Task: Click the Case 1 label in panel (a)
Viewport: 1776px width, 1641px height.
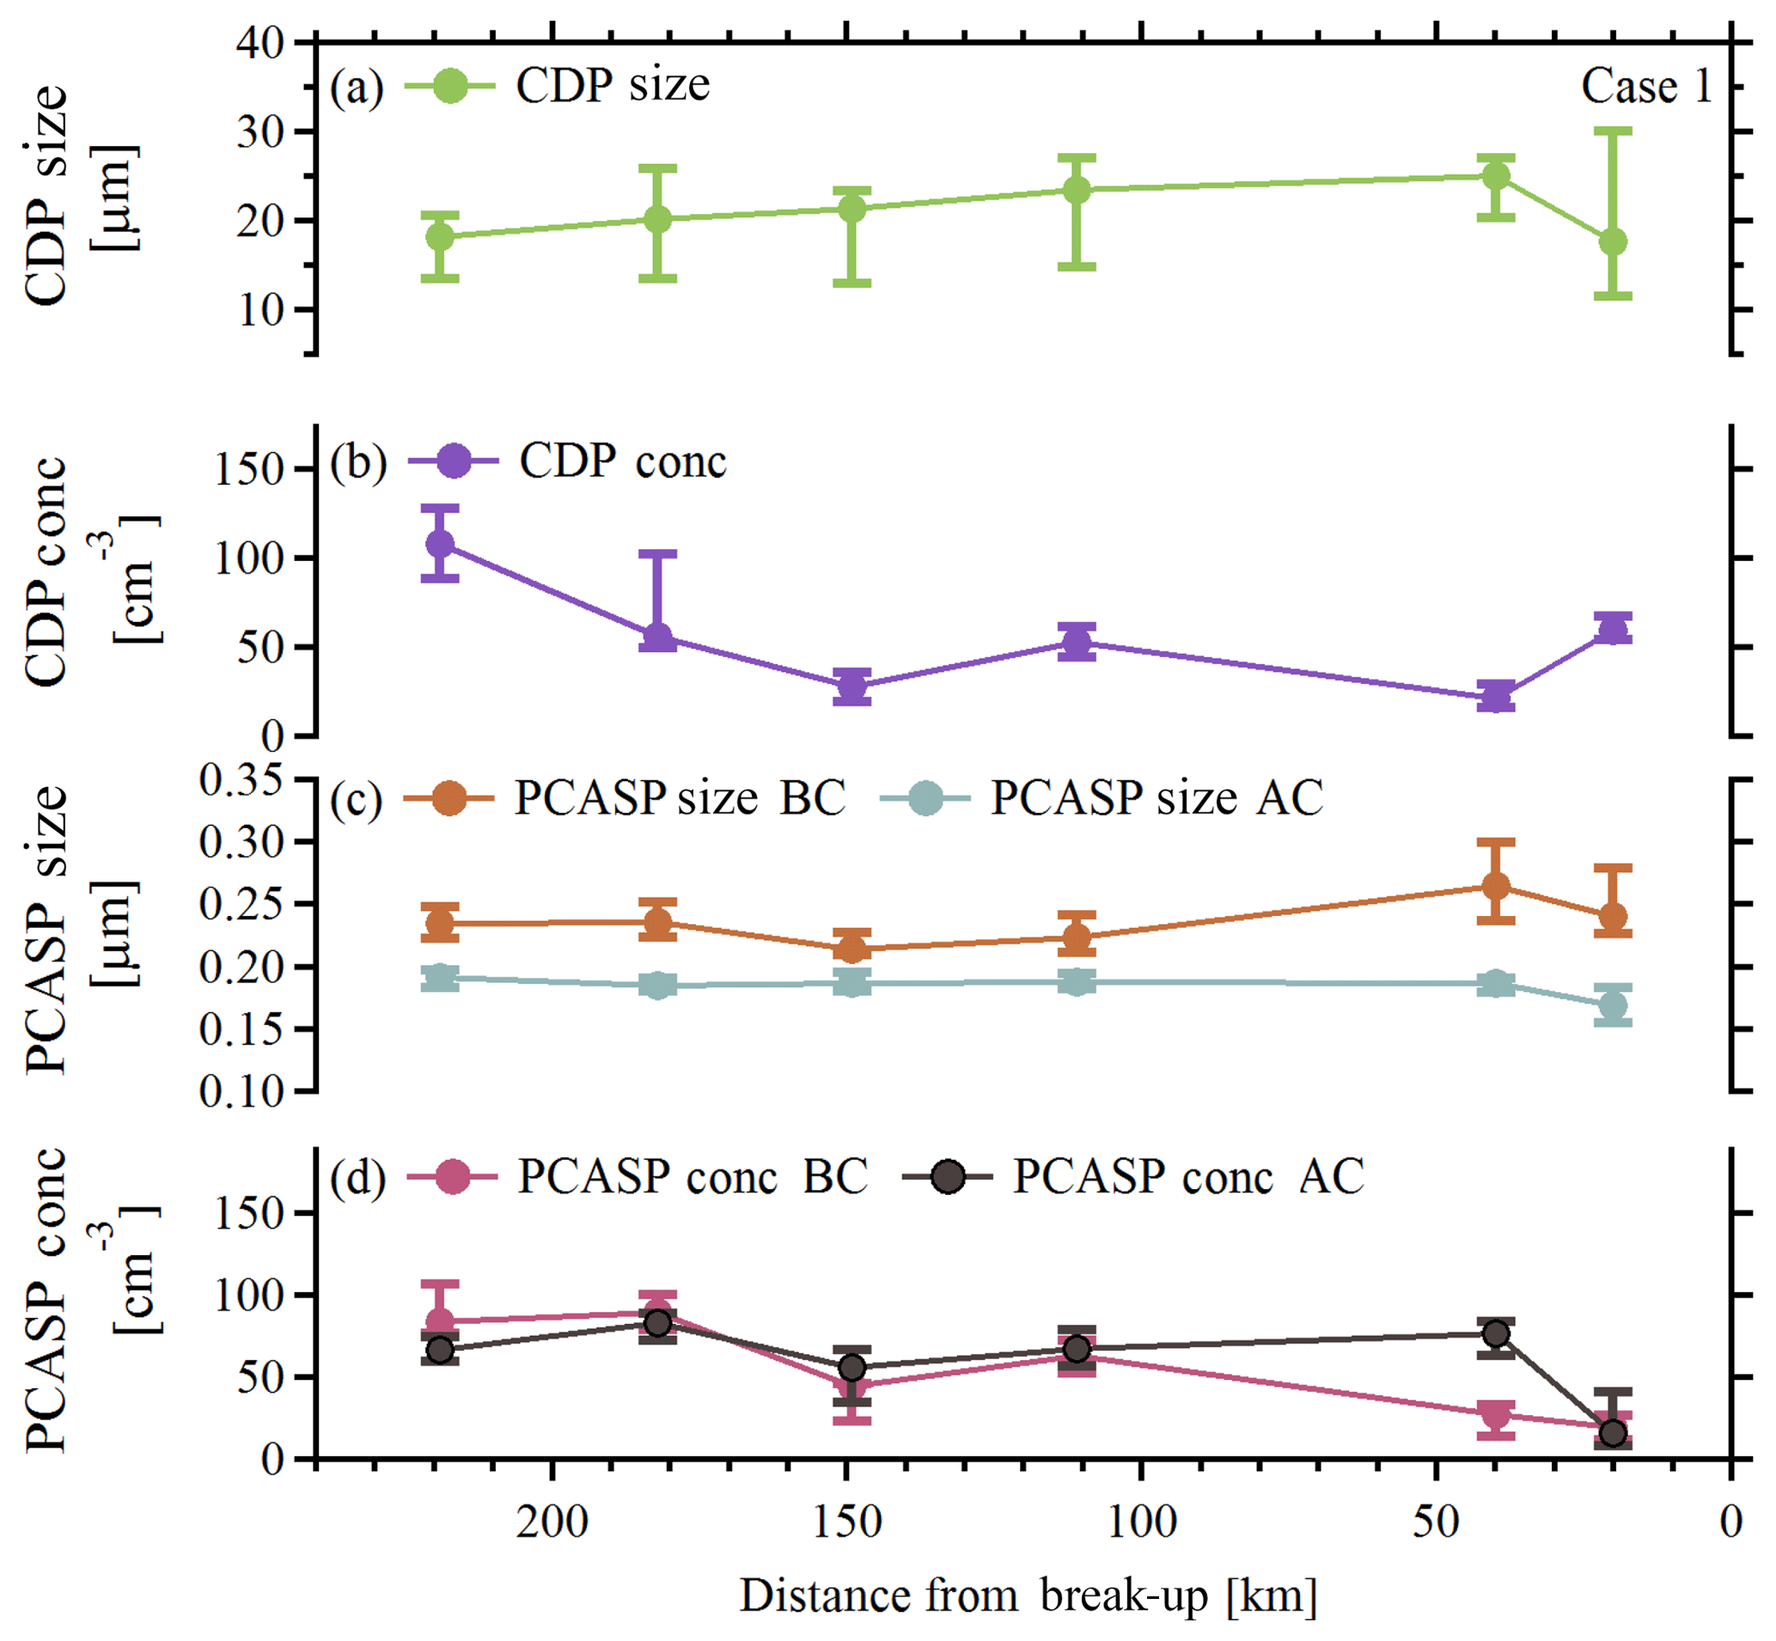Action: tap(1645, 87)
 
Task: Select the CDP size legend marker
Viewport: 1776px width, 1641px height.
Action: tap(450, 86)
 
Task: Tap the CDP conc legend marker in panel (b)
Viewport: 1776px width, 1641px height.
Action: tap(454, 461)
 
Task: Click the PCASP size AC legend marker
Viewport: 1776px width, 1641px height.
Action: tap(925, 797)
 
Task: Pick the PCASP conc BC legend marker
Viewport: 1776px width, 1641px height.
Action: tap(453, 1176)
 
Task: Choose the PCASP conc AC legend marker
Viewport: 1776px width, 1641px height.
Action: tap(948, 1176)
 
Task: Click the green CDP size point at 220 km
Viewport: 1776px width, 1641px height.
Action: tap(440, 237)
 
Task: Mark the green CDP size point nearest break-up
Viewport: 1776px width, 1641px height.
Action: tap(1613, 241)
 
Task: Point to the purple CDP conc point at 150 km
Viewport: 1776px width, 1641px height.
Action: tap(851, 686)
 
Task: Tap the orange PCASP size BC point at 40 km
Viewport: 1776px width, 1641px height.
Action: tap(1496, 886)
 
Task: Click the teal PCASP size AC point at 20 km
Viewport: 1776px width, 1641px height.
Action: tap(1613, 1006)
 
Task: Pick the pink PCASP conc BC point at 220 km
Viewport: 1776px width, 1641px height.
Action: tap(440, 1321)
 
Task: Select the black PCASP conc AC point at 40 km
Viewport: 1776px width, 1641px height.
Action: tap(1496, 1333)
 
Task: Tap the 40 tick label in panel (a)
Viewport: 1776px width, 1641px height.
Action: tap(259, 43)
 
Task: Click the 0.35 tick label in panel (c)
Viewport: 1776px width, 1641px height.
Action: tap(229, 780)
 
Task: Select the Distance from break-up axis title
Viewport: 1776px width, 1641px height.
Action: tap(1028, 1595)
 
